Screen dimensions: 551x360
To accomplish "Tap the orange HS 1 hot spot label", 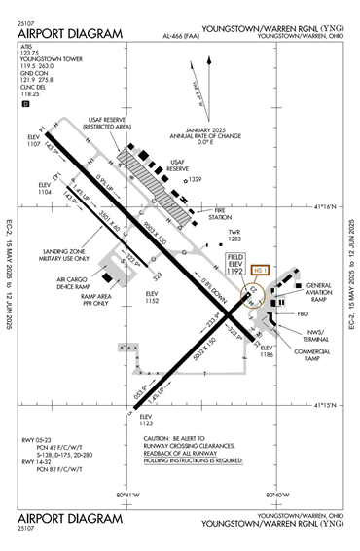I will tap(259, 270).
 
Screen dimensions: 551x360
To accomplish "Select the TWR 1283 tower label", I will tap(234, 235).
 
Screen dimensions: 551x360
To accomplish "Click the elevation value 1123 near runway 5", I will tap(147, 423).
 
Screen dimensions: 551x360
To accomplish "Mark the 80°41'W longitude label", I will tap(128, 495).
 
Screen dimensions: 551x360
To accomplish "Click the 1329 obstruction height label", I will tap(195, 180).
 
